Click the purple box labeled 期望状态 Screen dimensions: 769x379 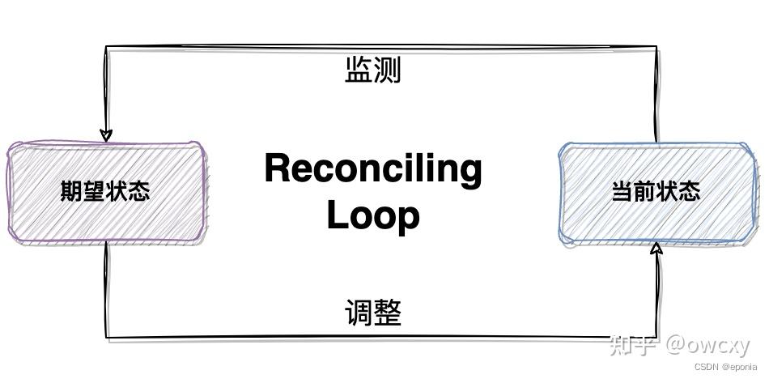coord(105,192)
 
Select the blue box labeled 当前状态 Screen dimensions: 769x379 coord(656,192)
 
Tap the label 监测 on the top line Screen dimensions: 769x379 coord(372,70)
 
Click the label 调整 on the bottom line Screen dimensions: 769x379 coord(372,313)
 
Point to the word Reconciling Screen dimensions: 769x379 coord(372,168)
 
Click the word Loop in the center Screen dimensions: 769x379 coord(372,215)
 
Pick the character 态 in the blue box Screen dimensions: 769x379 coord(689,192)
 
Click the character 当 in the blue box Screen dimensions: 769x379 coord(622,192)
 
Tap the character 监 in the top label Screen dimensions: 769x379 coord(359,70)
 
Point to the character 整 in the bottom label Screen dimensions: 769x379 coord(387,313)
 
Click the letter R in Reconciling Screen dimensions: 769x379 coord(278,168)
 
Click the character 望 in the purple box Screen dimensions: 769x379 coord(94,192)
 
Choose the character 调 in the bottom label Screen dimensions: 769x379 coord(359,313)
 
